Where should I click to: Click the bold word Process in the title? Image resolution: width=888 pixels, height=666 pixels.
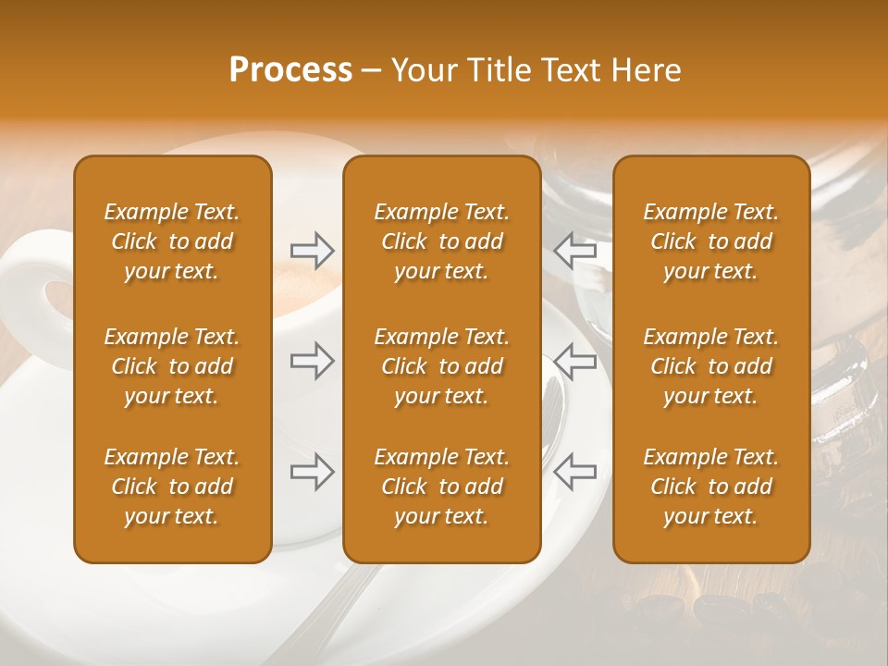[x=290, y=70]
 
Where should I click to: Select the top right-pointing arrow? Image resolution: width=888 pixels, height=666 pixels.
[x=313, y=251]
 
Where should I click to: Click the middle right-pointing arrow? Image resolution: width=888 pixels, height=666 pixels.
[x=313, y=362]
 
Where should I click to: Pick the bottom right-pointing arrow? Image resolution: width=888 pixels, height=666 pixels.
[x=313, y=473]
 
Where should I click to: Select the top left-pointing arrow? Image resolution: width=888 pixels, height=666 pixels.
[x=574, y=251]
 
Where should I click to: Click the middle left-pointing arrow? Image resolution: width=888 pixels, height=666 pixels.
[x=574, y=362]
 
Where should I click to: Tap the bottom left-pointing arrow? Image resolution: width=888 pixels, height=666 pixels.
[x=574, y=473]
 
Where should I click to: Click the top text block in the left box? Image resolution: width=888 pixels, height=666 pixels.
[x=172, y=241]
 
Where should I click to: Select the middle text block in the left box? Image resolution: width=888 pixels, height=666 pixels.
[x=172, y=366]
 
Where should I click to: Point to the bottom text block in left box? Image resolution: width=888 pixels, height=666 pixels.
[x=172, y=487]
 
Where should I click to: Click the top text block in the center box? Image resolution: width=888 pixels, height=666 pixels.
[x=441, y=241]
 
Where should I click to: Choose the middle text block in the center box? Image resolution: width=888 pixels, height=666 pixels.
[x=441, y=366]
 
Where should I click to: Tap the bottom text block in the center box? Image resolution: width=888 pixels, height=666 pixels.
[x=441, y=487]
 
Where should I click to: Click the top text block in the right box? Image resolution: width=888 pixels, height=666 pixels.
[x=710, y=241]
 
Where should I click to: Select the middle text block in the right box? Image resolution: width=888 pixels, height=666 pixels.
[x=710, y=366]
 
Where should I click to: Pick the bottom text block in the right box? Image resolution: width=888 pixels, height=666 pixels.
[x=710, y=487]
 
